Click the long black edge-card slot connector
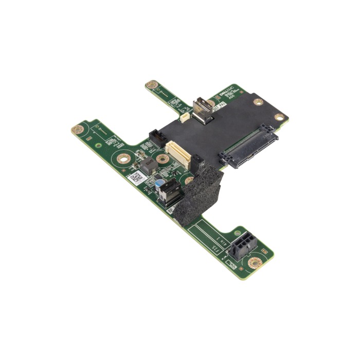[250, 146]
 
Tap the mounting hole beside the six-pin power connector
[255, 263]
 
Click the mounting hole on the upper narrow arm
[151, 84]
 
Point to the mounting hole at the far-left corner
[78, 129]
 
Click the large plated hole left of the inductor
[122, 158]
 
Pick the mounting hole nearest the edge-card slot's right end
[279, 117]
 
